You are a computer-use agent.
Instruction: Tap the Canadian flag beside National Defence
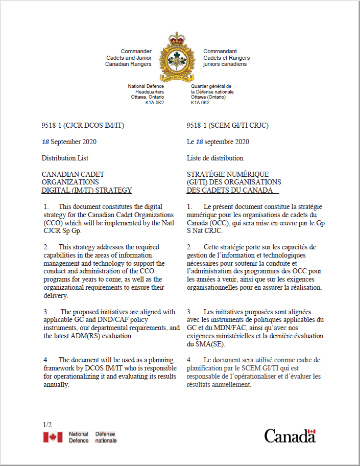(x=53, y=437)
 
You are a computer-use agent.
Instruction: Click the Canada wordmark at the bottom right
(x=290, y=436)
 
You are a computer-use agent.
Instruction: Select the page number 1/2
(x=48, y=425)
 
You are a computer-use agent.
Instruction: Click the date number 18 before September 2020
(x=45, y=142)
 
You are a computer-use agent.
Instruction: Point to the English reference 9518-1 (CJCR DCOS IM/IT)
(x=83, y=125)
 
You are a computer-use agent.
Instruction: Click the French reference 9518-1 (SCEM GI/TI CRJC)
(x=227, y=125)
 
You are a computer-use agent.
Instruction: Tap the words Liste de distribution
(x=215, y=158)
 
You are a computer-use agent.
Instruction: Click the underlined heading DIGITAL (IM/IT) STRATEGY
(x=87, y=191)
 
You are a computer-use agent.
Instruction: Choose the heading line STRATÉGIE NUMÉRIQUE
(x=228, y=174)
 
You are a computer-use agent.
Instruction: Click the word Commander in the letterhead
(x=136, y=52)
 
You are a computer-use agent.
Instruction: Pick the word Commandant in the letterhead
(x=220, y=52)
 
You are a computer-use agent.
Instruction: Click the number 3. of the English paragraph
(x=46, y=312)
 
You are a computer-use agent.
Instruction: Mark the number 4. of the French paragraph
(x=189, y=360)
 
